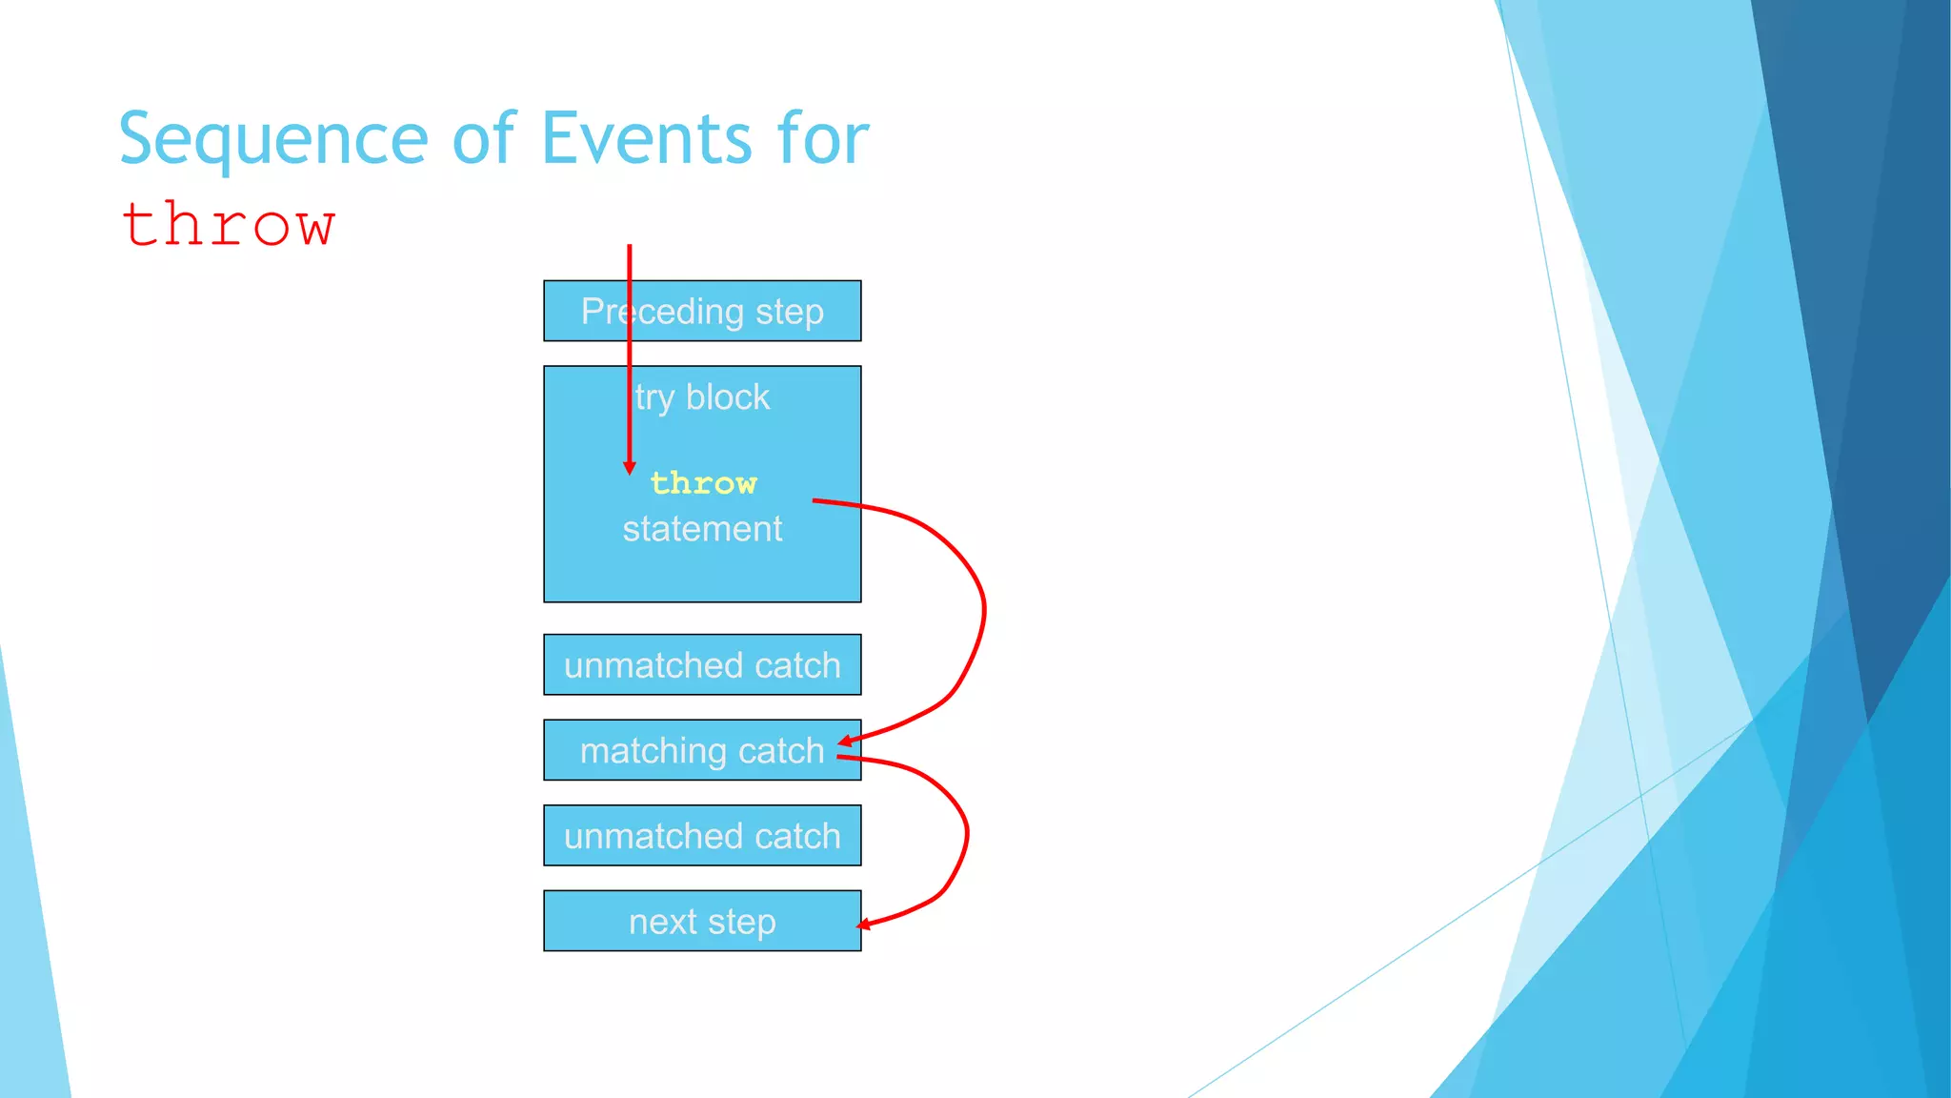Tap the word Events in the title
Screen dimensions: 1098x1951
point(647,139)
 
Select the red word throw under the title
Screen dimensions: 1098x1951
point(229,225)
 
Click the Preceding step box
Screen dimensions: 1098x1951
point(702,311)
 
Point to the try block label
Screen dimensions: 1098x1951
point(702,396)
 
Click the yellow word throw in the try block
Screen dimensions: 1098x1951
point(703,483)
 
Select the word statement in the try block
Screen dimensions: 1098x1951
point(702,529)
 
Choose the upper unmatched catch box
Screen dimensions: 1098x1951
point(702,664)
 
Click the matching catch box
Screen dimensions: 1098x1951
point(702,750)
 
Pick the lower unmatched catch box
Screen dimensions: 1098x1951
point(702,836)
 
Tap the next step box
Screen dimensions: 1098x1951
point(702,921)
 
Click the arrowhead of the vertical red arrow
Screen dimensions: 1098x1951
point(629,467)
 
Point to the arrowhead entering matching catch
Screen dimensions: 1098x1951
point(845,741)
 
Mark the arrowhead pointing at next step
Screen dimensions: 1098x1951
point(863,924)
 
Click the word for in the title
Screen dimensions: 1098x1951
point(822,139)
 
